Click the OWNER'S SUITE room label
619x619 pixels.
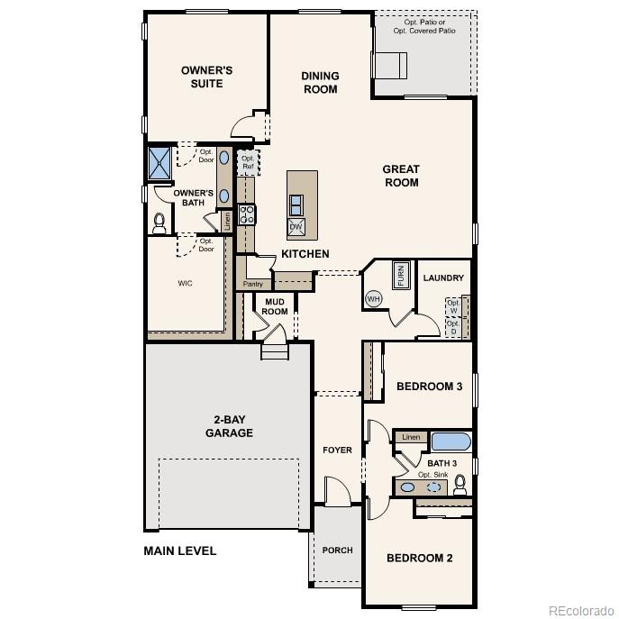pyautogui.click(x=206, y=77)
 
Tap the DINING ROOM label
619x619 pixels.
pyautogui.click(x=319, y=83)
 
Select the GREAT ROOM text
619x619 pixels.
pyautogui.click(x=401, y=176)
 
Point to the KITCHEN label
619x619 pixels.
pyautogui.click(x=305, y=254)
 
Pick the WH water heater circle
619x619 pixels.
pyautogui.click(x=373, y=298)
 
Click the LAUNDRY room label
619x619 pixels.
pyautogui.click(x=443, y=278)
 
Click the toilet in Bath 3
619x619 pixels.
pyautogui.click(x=460, y=486)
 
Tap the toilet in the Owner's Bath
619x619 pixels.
pyautogui.click(x=160, y=221)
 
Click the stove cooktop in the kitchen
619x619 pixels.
pyautogui.click(x=246, y=214)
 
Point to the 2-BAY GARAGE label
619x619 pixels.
pyautogui.click(x=233, y=426)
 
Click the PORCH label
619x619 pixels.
pyautogui.click(x=338, y=550)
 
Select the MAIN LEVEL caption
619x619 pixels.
pyautogui.click(x=180, y=551)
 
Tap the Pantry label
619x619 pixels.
pyautogui.click(x=252, y=284)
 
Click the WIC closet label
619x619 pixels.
pyautogui.click(x=185, y=283)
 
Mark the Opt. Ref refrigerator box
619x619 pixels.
pyautogui.click(x=247, y=162)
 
